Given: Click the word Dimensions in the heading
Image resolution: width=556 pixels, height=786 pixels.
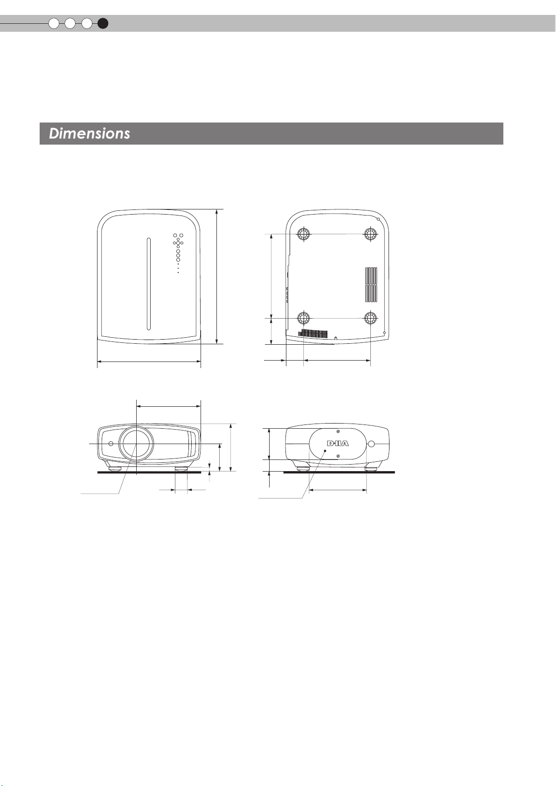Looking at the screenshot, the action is [x=90, y=134].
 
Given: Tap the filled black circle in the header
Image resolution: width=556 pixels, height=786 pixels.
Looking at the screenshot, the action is [x=103, y=24].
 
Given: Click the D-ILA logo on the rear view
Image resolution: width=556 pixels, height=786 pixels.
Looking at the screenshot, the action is [x=338, y=444].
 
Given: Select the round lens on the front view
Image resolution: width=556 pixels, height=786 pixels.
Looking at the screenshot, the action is [x=136, y=444].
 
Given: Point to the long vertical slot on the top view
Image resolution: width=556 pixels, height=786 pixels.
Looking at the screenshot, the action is [x=149, y=284].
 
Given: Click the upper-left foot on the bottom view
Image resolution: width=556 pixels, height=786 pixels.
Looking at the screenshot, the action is [x=304, y=233].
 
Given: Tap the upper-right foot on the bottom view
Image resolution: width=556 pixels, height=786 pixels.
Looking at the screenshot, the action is [x=370, y=233].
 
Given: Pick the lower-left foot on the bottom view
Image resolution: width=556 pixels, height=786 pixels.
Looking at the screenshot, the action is [x=304, y=318].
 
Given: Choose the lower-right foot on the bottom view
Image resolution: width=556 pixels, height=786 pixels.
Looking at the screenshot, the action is [x=370, y=318].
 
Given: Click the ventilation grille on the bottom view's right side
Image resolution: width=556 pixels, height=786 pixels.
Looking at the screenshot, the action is [x=371, y=285].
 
